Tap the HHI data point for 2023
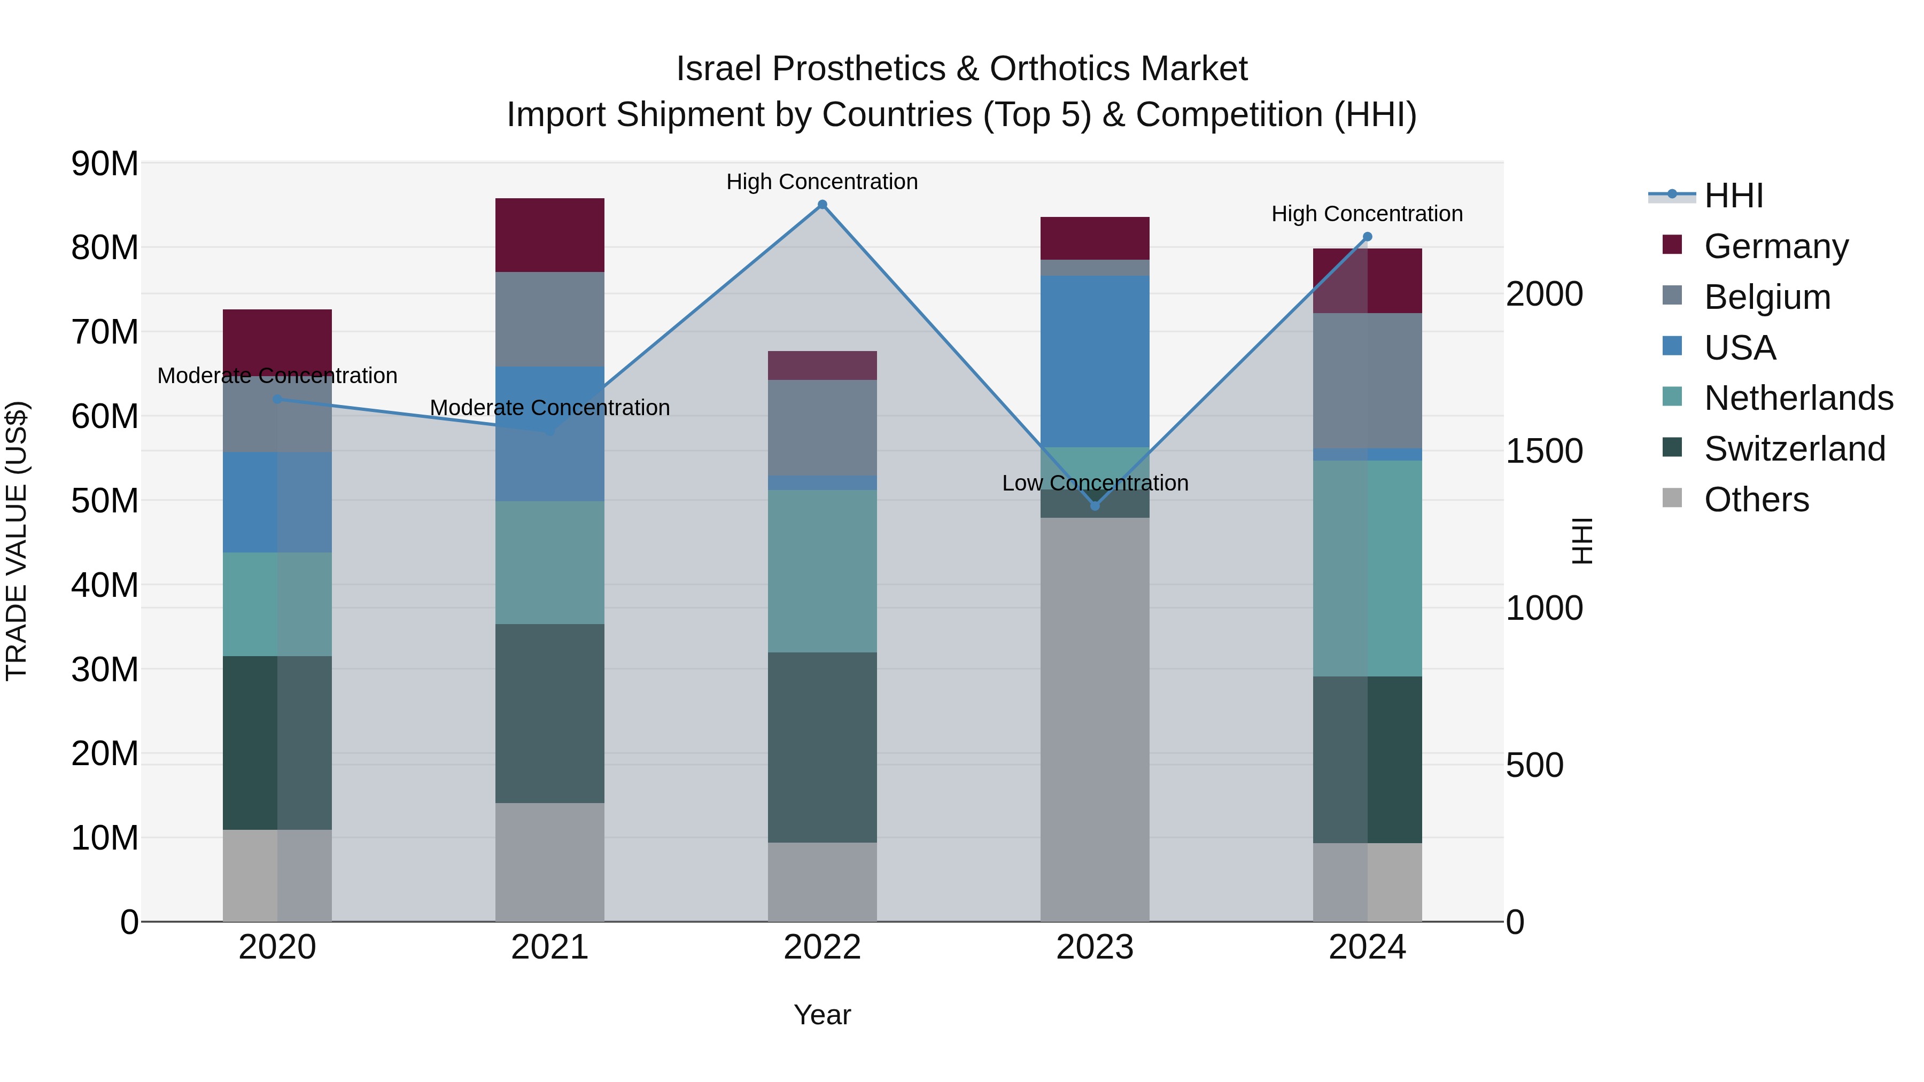[1095, 505]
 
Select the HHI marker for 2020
[277, 400]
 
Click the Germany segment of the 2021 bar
[550, 235]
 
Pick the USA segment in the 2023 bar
[1095, 361]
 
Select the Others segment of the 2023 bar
[1095, 719]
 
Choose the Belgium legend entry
[1767, 297]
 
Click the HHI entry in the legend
[1733, 196]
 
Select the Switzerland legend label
[1794, 449]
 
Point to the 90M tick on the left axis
[105, 164]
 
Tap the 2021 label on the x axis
[550, 947]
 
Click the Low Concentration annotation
[1095, 483]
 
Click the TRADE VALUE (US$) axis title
[17, 541]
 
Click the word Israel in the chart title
[718, 69]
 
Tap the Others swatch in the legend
[1672, 498]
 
